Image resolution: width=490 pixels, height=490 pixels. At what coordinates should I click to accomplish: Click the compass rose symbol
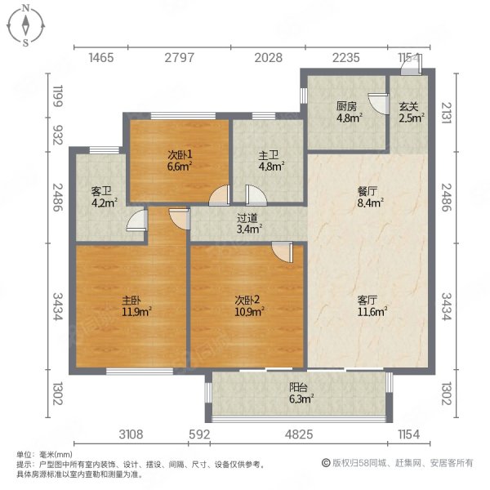point(26,25)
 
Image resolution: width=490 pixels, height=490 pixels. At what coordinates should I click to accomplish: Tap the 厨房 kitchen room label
point(346,106)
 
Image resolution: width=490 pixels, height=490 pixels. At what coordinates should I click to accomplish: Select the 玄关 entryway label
point(408,106)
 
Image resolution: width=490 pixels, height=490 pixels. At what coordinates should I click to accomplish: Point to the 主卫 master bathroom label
point(269,155)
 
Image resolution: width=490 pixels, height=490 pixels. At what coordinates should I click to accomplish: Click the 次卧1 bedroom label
point(180,154)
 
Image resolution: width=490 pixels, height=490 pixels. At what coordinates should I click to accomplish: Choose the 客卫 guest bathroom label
point(101,191)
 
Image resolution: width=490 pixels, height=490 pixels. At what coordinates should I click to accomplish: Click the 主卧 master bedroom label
point(131,301)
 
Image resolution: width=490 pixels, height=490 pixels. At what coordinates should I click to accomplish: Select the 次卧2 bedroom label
point(247,301)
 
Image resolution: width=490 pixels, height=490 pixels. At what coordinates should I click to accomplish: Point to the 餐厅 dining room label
point(367,191)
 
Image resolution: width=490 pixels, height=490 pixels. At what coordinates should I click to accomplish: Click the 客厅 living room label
point(367,301)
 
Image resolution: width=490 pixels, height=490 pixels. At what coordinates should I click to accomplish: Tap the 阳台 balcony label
point(298,387)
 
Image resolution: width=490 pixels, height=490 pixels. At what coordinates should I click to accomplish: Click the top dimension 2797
point(180,58)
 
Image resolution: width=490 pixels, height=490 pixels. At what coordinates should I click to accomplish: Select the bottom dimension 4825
point(299,434)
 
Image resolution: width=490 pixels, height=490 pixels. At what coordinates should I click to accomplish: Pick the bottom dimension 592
point(199,434)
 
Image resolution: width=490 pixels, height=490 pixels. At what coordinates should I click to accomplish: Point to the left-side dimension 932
point(58,135)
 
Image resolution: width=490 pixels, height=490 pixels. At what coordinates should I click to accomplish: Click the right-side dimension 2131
point(446,113)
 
